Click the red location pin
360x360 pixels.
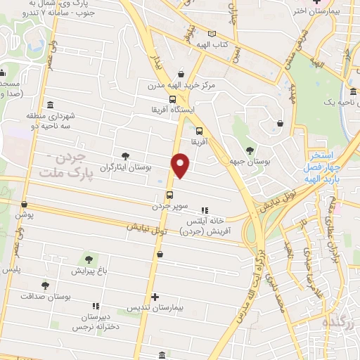(x=181, y=164)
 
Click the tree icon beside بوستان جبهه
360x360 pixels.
(x=250, y=150)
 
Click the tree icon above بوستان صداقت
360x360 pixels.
(x=46, y=285)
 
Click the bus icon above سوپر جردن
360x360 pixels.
(x=169, y=195)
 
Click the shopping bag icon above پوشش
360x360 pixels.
(x=25, y=204)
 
